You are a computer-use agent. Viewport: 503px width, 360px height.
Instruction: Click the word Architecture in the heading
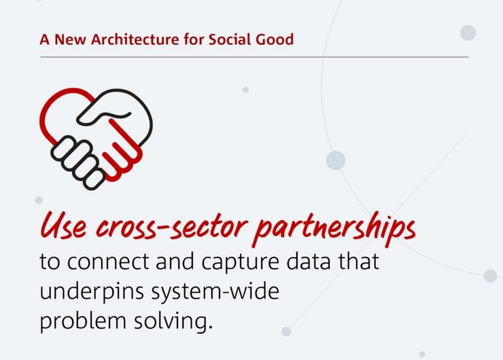point(135,39)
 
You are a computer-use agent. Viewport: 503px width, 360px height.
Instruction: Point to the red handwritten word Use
point(63,226)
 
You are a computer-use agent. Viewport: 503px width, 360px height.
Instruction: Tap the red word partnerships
point(334,228)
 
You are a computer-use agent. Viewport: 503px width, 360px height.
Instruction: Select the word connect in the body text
point(108,262)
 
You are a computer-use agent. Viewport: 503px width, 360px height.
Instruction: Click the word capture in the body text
point(240,264)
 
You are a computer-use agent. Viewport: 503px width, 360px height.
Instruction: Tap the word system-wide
point(215,292)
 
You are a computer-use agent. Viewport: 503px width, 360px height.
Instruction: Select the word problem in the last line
point(83,321)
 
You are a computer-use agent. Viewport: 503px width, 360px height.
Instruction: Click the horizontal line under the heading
point(254,57)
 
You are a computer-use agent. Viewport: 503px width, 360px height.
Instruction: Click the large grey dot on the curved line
point(336,160)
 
